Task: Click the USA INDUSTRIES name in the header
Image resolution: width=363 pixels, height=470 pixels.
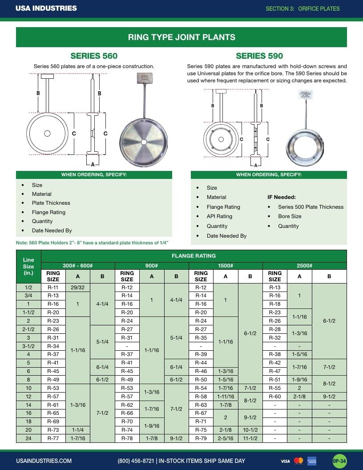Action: (x=46, y=8)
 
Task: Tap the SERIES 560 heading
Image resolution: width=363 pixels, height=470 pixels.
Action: (x=94, y=56)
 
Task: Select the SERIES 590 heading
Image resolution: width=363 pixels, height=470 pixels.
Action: (x=259, y=56)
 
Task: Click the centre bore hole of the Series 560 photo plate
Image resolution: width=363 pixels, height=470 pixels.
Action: (x=144, y=142)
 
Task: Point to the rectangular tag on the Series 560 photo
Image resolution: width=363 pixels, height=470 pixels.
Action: (x=145, y=78)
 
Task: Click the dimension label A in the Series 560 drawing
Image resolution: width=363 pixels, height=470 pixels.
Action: (x=93, y=164)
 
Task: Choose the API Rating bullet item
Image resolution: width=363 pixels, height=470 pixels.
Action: (x=219, y=216)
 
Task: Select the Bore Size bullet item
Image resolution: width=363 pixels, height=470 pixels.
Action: (x=290, y=216)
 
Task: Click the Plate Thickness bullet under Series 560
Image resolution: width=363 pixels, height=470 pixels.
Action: (x=51, y=203)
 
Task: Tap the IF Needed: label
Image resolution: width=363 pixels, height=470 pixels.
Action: (x=282, y=197)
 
